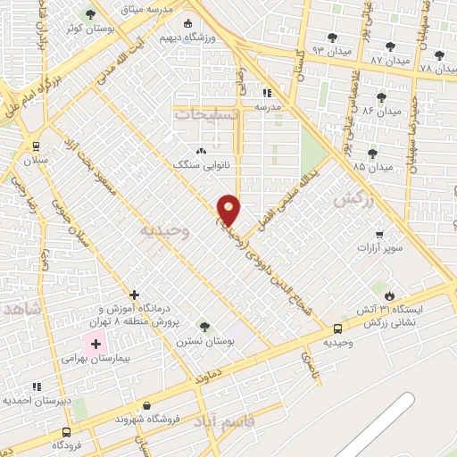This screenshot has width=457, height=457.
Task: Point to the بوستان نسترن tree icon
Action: click(204, 327)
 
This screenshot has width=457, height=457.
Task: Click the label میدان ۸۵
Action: click(372, 167)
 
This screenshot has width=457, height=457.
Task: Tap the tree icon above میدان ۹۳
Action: click(332, 37)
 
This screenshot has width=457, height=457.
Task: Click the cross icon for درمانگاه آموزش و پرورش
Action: click(134, 294)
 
